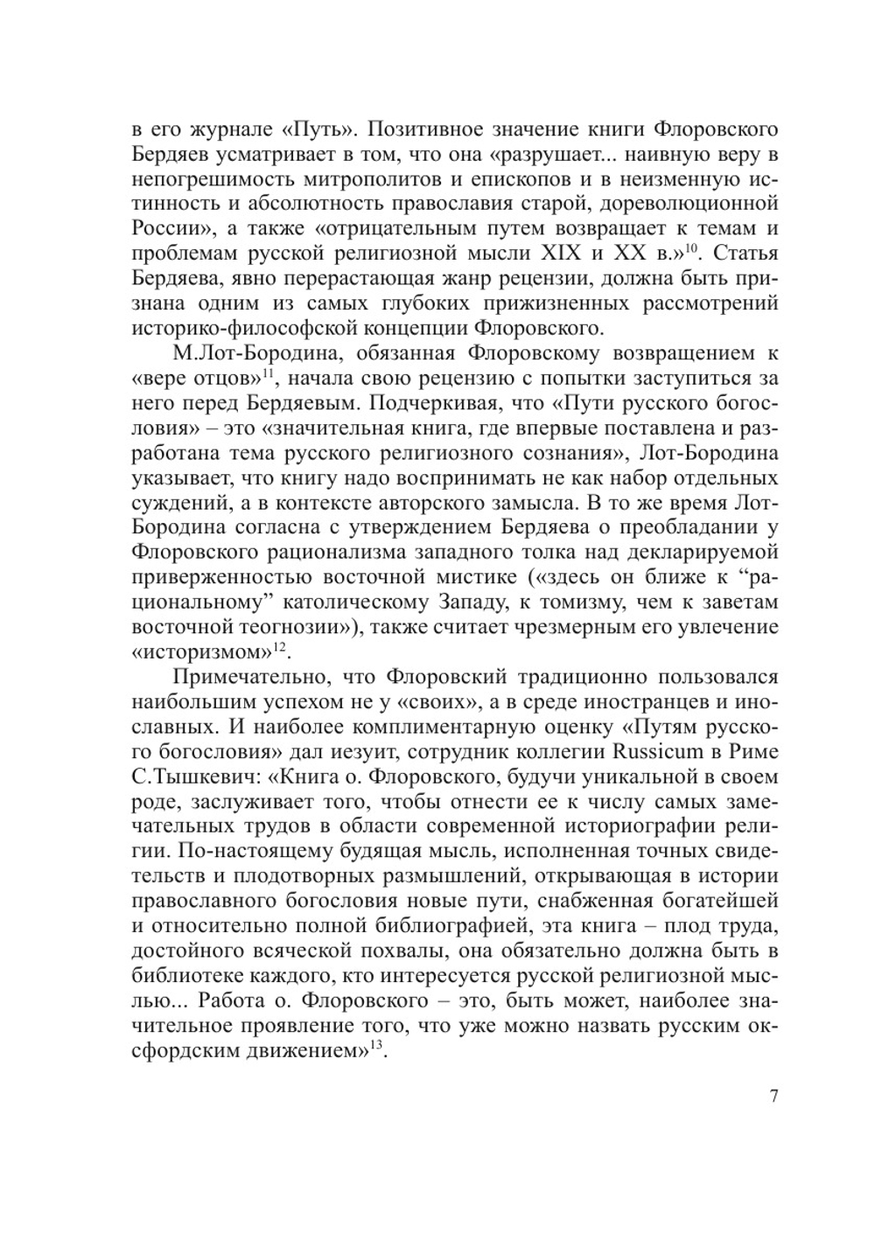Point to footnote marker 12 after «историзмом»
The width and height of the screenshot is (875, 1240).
280,647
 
